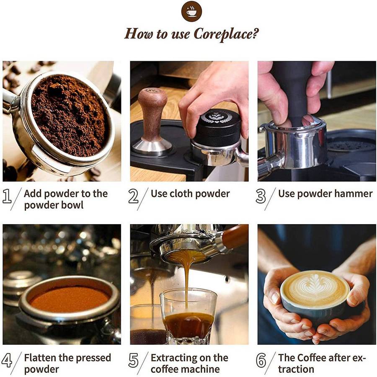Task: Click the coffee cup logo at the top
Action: [x=191, y=12]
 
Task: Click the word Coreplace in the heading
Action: [x=226, y=34]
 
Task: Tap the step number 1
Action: [x=7, y=196]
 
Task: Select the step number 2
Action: [x=134, y=196]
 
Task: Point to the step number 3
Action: [x=261, y=196]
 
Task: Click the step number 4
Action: [x=7, y=360]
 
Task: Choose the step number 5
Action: [x=134, y=360]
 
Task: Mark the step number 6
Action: [x=261, y=360]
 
